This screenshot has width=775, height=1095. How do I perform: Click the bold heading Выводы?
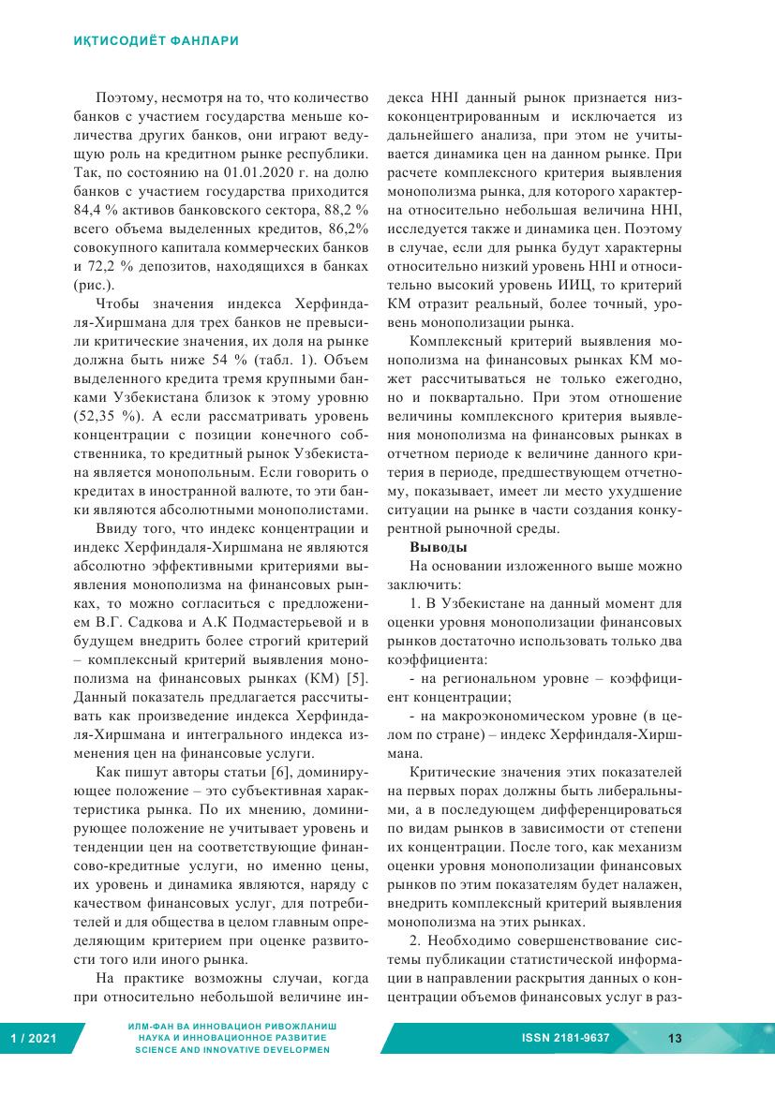(x=439, y=547)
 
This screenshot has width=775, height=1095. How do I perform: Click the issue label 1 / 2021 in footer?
(x=31, y=1038)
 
